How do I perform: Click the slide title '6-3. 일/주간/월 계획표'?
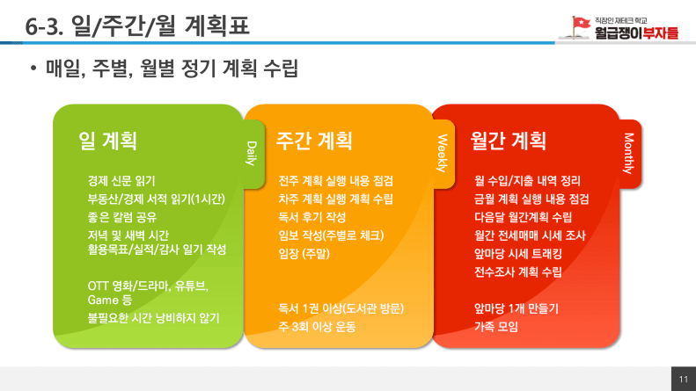coord(137,25)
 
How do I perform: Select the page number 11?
coord(684,379)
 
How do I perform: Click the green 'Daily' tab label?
coord(252,154)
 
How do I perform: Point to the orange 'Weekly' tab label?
coord(442,154)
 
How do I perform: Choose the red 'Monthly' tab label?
coord(628,154)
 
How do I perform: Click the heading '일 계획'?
coord(108,141)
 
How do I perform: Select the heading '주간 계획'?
coord(314,141)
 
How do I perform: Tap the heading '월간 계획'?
coord(509,141)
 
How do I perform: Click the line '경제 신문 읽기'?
coord(121,181)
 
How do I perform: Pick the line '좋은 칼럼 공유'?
coord(122,217)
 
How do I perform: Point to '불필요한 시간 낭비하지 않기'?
coord(154,318)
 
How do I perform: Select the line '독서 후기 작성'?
coord(312,217)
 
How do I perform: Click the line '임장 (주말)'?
coord(304,254)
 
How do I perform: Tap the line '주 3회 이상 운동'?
coord(317,327)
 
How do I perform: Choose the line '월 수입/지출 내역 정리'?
coord(527,181)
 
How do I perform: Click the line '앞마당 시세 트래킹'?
coord(518,254)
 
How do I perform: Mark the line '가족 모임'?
coord(495,327)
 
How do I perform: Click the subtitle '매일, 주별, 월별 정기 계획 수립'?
coord(172,69)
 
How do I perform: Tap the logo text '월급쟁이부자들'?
coord(636,33)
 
